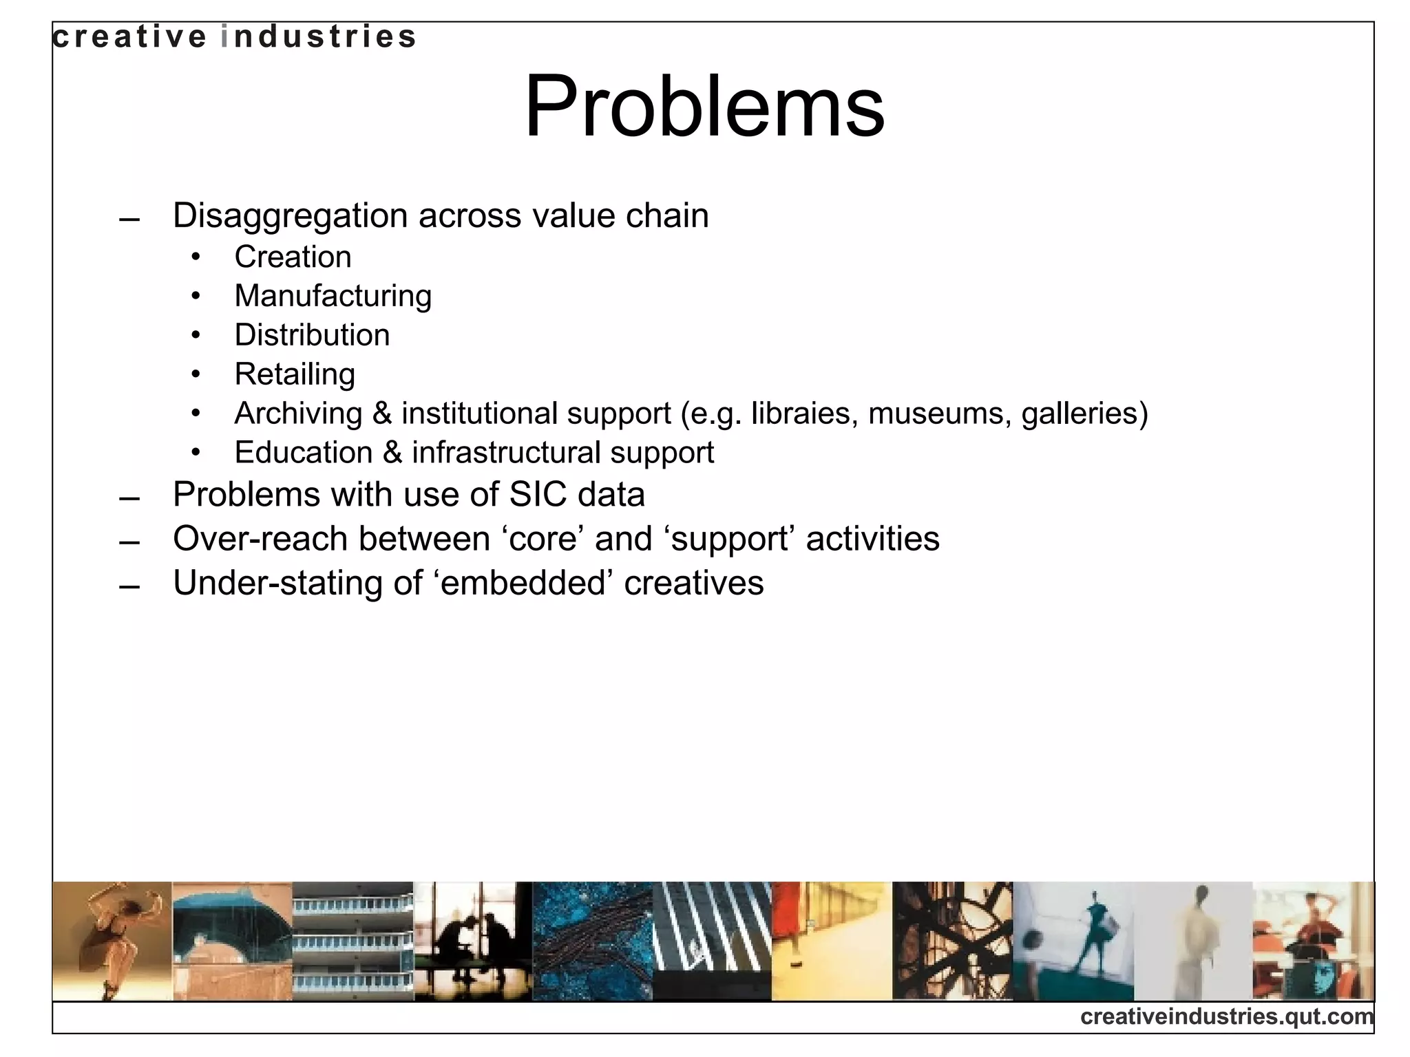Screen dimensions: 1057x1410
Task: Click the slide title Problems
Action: [704, 107]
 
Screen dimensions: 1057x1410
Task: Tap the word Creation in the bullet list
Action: [293, 257]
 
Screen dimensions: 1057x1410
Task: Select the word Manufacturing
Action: [333, 296]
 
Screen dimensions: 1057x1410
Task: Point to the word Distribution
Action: [312, 335]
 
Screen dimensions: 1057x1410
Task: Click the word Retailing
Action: [295, 374]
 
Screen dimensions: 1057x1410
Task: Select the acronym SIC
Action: [538, 494]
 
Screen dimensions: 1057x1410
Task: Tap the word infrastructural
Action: [505, 453]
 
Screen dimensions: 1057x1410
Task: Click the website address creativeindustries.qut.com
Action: [1226, 1016]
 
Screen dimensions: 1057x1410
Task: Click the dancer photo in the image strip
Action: [112, 941]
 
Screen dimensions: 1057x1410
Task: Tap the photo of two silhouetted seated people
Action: [473, 941]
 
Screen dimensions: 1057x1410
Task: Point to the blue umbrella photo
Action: [232, 941]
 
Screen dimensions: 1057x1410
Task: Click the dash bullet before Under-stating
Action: [129, 586]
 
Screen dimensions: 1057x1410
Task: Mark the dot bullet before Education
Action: [196, 453]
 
